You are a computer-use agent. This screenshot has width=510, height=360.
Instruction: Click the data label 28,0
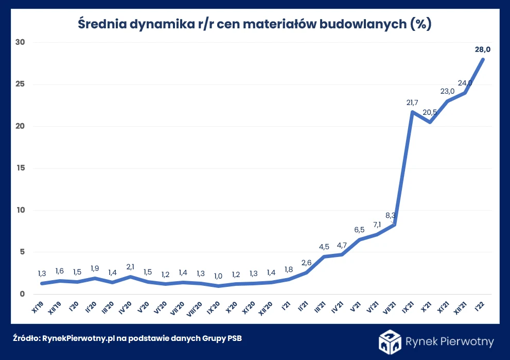pos(482,49)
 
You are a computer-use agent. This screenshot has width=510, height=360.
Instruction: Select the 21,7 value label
pos(412,103)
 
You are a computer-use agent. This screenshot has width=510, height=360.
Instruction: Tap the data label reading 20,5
pos(430,112)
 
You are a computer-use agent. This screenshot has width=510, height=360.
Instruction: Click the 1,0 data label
pos(218,276)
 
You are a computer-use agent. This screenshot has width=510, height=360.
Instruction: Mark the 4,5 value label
pos(324,246)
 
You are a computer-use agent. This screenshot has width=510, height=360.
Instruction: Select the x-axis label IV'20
pos(128,307)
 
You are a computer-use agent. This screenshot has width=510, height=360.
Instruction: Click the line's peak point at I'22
pos(483,59)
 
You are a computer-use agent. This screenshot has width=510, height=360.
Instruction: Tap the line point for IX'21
pos(412,112)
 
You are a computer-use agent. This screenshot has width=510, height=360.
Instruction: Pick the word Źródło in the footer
pos(26,338)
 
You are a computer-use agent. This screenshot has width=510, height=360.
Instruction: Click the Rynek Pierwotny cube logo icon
pos(390,341)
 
